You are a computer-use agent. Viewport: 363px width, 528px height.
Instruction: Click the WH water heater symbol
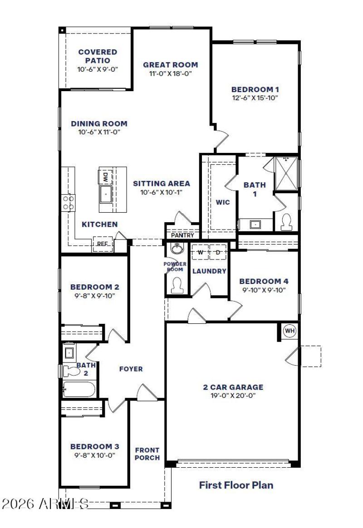coord(289,331)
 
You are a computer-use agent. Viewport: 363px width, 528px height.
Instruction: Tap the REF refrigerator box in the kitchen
coord(102,244)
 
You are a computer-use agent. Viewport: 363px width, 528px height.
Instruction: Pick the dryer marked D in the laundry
coord(218,252)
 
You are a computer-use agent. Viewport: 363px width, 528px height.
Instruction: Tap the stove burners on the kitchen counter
coord(69,202)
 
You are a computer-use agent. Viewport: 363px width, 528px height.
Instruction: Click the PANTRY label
coord(182,235)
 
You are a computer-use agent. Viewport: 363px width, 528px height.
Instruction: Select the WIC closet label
coord(223,202)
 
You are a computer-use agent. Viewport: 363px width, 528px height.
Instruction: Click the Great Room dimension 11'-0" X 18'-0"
coord(171,73)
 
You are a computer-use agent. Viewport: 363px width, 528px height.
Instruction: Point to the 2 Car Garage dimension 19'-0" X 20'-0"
coord(233,396)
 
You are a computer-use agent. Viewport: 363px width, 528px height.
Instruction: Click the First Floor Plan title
coord(236,485)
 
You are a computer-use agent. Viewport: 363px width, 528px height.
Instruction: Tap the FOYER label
coord(131,369)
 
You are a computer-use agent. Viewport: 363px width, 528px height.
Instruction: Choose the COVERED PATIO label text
coord(98,56)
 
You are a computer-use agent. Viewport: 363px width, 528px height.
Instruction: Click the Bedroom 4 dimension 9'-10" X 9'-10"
coord(263,290)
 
